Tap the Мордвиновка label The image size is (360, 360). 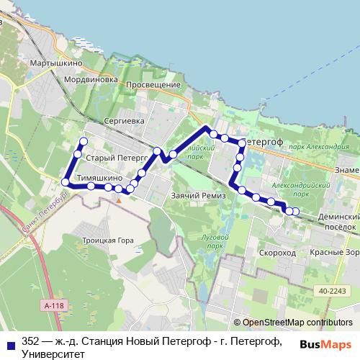pos(90,79)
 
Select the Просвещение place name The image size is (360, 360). pos(153,84)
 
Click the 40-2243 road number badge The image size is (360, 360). pos(330,290)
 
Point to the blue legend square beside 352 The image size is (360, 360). pos(8,342)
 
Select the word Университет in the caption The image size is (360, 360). pos(53,354)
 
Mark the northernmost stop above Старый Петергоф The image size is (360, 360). pos(84,141)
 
